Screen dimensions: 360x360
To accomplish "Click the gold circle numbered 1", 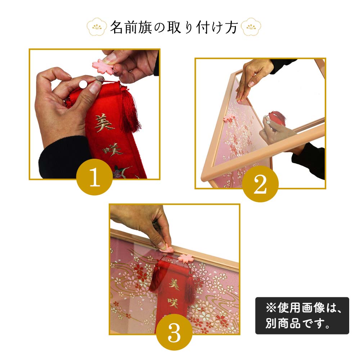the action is (94, 177).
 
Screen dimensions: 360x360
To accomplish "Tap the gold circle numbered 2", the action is (260, 184).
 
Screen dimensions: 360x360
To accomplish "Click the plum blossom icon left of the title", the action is (96, 27).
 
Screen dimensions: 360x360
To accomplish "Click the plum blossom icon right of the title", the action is (251, 27).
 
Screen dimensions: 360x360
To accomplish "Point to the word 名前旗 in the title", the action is (131, 27).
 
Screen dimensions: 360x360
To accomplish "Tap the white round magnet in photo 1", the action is (83, 84).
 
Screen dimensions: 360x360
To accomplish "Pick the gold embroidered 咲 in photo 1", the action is (113, 149).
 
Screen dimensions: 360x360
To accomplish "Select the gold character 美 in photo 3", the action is (174, 284).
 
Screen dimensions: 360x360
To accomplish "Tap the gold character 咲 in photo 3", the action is (173, 303).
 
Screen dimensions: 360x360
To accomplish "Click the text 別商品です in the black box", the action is (298, 323).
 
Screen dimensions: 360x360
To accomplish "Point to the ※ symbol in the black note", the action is (271, 308).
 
